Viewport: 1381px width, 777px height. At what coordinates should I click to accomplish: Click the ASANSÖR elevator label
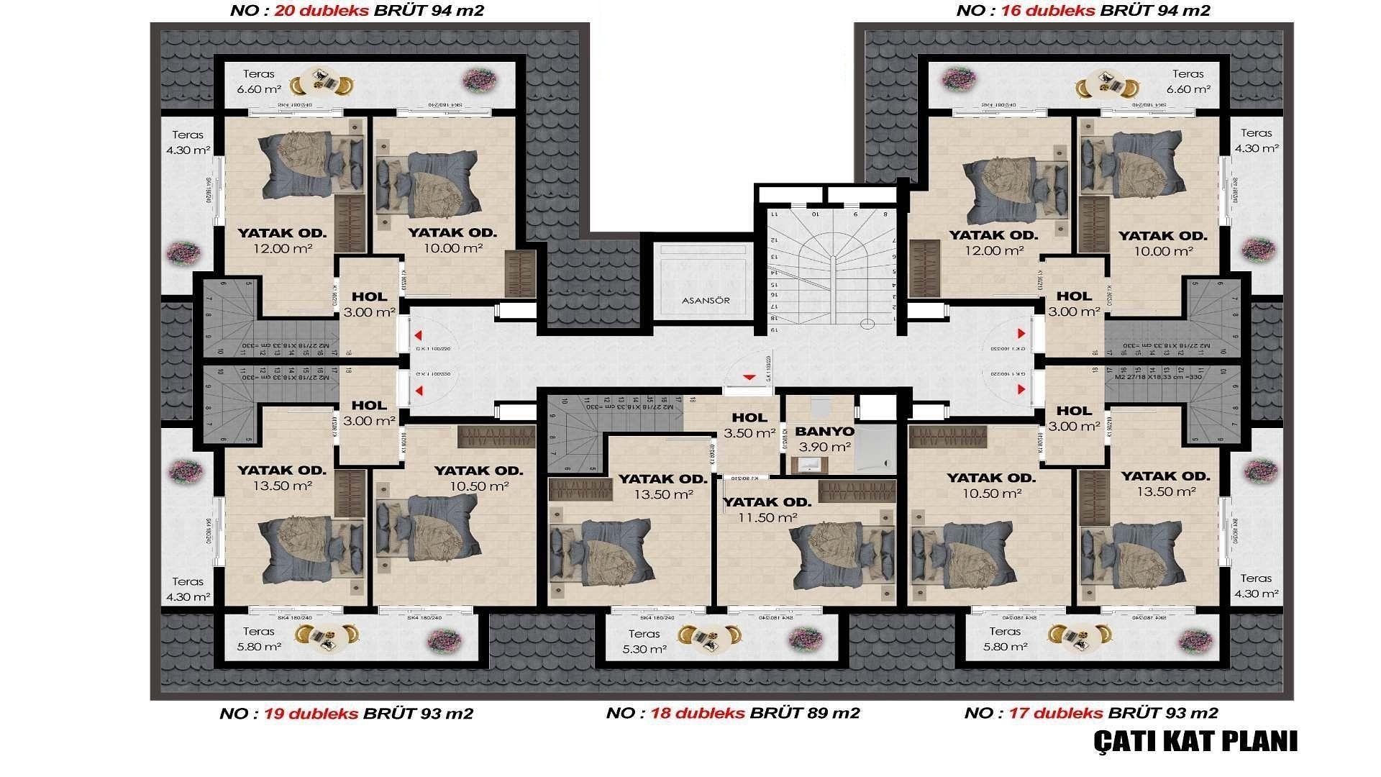706,300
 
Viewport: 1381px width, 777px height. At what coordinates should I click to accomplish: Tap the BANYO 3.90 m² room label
825,439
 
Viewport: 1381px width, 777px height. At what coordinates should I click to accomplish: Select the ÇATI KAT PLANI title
1195,741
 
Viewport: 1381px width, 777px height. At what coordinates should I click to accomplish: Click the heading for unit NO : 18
733,713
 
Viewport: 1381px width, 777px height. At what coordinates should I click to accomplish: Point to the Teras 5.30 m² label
644,641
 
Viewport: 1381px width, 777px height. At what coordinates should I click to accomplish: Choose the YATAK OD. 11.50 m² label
767,509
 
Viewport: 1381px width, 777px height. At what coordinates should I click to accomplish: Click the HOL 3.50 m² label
749,425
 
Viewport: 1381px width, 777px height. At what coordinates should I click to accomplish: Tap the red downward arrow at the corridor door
749,377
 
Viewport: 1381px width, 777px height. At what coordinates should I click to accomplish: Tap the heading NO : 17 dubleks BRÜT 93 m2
1091,713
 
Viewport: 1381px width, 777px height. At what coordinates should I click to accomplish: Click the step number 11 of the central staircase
775,214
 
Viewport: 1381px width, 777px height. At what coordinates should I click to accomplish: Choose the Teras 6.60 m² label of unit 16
1188,81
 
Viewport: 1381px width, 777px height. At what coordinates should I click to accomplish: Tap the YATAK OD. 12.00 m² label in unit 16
993,242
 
